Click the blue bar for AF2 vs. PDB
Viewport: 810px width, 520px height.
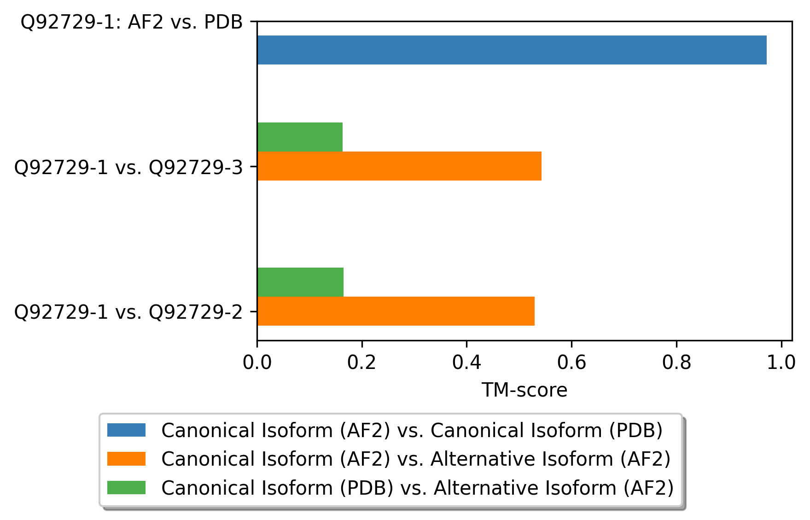tap(511, 50)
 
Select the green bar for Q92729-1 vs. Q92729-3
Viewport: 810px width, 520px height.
tap(300, 137)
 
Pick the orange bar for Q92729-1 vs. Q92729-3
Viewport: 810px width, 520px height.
tap(399, 166)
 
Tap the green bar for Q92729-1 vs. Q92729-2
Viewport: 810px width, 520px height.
tap(300, 282)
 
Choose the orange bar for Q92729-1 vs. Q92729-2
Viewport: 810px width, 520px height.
tap(396, 311)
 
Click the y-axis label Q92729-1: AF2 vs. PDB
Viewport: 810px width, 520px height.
tap(132, 22)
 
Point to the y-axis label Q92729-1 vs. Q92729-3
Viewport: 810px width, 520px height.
tap(128, 168)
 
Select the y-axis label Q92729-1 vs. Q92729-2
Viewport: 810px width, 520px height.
tap(128, 312)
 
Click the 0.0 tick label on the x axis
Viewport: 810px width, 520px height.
tap(257, 363)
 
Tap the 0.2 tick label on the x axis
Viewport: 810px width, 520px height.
tap(362, 363)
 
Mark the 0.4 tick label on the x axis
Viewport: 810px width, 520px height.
tap(466, 363)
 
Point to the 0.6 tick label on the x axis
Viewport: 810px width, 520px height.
tap(571, 363)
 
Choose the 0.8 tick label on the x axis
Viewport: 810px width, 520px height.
tap(676, 363)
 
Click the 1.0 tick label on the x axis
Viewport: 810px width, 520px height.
tap(781, 363)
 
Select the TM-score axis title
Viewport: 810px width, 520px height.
tap(524, 390)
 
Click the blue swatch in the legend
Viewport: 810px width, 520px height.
tap(126, 430)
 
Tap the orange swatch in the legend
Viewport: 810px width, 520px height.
tap(126, 459)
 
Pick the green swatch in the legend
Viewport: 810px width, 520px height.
tap(126, 487)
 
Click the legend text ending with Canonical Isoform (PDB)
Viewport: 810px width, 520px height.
tap(412, 430)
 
